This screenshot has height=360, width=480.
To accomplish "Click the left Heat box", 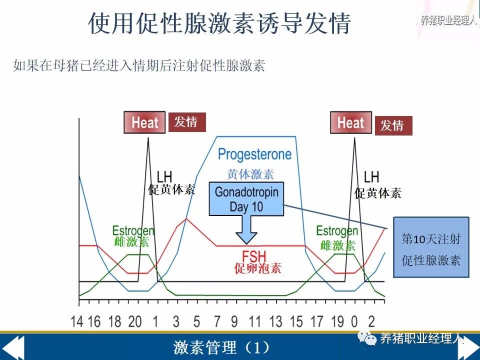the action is (144, 122).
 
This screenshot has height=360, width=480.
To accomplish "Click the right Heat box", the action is (351, 122).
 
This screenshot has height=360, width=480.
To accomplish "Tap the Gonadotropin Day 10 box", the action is (246, 199).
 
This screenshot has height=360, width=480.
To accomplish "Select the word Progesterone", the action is (254, 154).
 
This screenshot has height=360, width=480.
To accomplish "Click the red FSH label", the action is (254, 256).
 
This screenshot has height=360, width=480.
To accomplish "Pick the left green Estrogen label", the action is (133, 231).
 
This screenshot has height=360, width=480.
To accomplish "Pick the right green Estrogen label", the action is (337, 231).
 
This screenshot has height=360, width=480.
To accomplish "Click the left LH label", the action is (164, 176).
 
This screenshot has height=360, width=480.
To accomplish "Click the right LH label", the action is (371, 176).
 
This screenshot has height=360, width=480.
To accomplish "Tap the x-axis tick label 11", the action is (254, 321).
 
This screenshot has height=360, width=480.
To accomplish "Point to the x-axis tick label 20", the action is (134, 321).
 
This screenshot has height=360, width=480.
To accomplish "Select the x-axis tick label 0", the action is (354, 321).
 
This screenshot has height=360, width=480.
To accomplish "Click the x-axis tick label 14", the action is (77, 321).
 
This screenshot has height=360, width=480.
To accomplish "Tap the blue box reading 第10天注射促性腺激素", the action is (431, 247).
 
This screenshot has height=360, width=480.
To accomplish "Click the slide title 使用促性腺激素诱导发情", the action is (219, 23).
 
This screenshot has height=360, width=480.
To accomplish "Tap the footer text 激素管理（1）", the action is (221, 347).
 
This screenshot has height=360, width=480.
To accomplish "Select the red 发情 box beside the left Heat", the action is (187, 122).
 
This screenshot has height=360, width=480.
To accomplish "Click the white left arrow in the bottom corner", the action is (12, 347).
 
